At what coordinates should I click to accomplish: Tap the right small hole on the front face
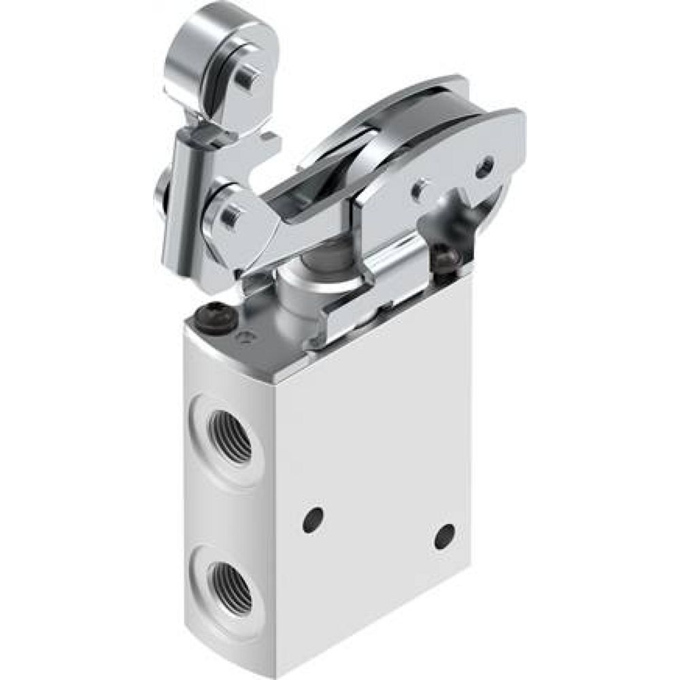[x=445, y=536]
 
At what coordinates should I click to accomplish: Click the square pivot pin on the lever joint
[x=230, y=217]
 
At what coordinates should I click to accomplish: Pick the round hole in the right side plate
[x=484, y=167]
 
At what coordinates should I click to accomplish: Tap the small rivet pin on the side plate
[x=420, y=187]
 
